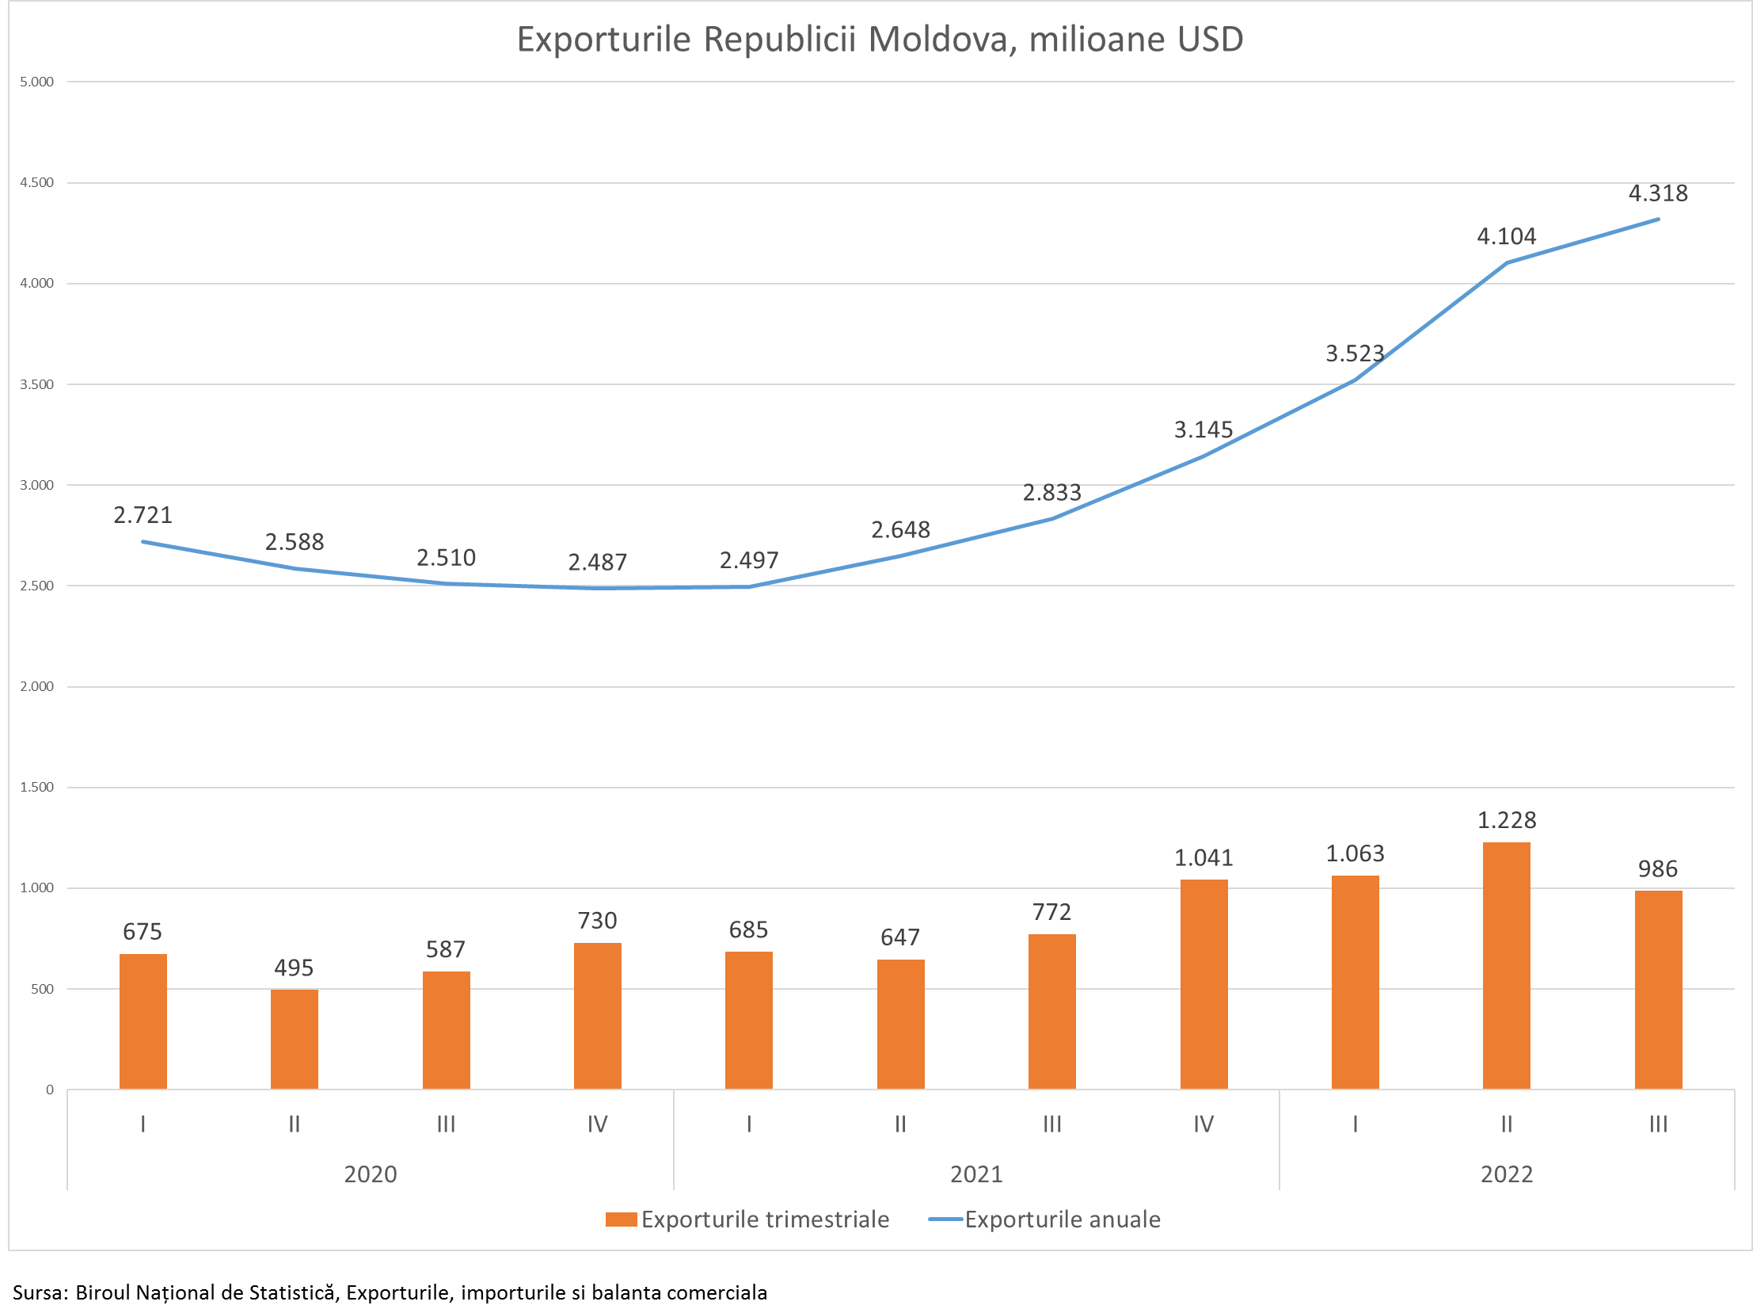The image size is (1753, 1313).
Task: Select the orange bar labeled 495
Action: click(294, 1039)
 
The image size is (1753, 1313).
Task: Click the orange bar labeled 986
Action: click(1658, 990)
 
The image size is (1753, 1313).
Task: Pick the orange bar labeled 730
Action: click(598, 1016)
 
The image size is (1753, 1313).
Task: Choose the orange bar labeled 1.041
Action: click(1204, 984)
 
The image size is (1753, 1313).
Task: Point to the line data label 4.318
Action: click(1658, 193)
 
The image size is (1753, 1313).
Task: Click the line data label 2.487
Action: click(598, 563)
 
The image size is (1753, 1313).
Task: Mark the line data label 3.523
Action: click(1355, 353)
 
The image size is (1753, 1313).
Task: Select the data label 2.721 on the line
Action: click(143, 515)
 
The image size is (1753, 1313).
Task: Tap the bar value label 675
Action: click(143, 932)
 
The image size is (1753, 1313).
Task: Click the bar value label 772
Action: click(1051, 913)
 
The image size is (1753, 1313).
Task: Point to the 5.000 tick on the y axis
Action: click(36, 82)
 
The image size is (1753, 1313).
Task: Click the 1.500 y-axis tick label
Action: click(36, 788)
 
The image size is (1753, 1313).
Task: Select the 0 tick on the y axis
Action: click(49, 1090)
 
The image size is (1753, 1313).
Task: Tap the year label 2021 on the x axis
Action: click(976, 1174)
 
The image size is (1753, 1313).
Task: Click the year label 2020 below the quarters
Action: click(370, 1174)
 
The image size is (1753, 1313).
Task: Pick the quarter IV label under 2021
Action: click(1203, 1124)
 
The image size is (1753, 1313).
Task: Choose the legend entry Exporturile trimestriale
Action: click(747, 1219)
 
